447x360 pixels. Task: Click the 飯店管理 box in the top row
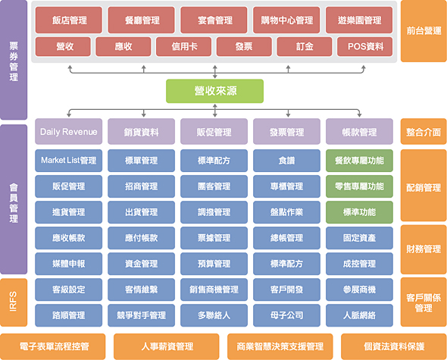[x=68, y=20]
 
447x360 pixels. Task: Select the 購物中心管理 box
[x=286, y=20]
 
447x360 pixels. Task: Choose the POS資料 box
[x=365, y=46]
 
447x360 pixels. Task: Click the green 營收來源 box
[x=214, y=91]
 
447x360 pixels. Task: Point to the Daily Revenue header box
[x=68, y=132]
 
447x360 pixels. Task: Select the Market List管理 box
[x=68, y=160]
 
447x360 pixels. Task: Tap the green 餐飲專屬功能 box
[x=359, y=160]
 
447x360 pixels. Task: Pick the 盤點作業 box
[x=286, y=211]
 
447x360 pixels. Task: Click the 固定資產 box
[x=359, y=237]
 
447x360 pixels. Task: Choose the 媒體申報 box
[x=68, y=263]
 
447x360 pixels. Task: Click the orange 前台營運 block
[x=423, y=32]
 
